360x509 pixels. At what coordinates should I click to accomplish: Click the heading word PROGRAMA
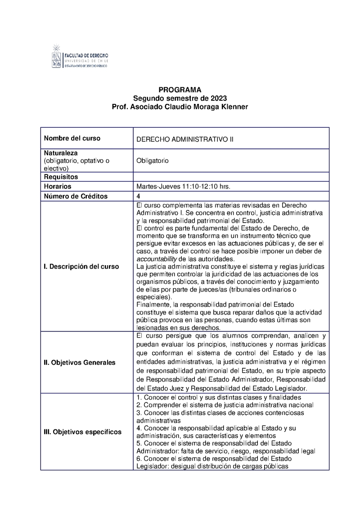(x=180, y=89)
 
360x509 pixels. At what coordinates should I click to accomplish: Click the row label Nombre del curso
(x=72, y=138)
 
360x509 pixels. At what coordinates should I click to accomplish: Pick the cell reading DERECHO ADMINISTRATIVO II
(x=185, y=139)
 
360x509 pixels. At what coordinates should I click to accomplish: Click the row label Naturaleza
(x=61, y=153)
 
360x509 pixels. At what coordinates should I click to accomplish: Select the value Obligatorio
(x=153, y=161)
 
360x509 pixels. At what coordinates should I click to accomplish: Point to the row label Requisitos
(x=61, y=177)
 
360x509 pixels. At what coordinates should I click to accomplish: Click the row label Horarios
(x=58, y=186)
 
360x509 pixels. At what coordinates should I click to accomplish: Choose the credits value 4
(x=138, y=196)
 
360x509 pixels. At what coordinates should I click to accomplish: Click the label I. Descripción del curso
(x=81, y=266)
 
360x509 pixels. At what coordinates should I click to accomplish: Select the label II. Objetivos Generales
(x=80, y=362)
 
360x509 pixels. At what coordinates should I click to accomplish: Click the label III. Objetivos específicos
(x=82, y=432)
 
